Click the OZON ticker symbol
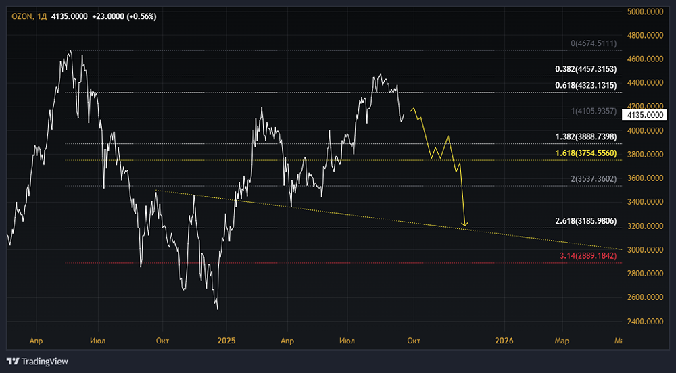[x=22, y=16]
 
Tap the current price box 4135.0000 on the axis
[x=645, y=115]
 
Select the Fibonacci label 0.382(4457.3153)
[x=586, y=69]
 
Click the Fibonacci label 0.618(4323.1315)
[x=586, y=85]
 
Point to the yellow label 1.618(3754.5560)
[x=586, y=153]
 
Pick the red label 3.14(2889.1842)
[x=588, y=256]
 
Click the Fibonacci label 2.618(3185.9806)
[x=586, y=221]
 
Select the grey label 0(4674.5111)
[x=594, y=43]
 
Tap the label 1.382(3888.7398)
[x=586, y=137]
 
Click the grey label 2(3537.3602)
[x=594, y=179]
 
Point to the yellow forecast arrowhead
[x=465, y=224]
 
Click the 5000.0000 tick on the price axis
[x=645, y=12]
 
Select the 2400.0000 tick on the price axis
[x=645, y=322]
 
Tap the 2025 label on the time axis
[x=226, y=341]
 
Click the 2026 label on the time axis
[x=504, y=341]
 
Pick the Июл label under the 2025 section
[x=347, y=341]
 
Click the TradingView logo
[x=37, y=362]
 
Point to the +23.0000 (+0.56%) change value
[x=124, y=16]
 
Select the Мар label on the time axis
[x=562, y=341]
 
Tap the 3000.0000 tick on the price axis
[x=645, y=250]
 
